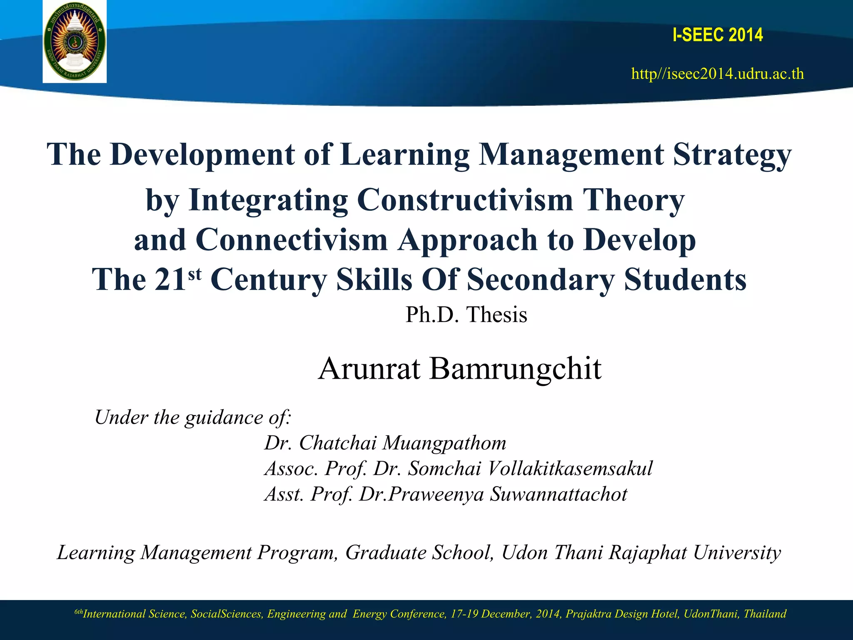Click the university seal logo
pyautogui.click(x=75, y=42)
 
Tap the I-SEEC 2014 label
pyautogui.click(x=718, y=35)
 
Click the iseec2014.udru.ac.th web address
pyautogui.click(x=718, y=74)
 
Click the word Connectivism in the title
pyautogui.click(x=292, y=240)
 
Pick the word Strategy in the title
pyautogui.click(x=732, y=155)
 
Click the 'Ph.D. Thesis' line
pyautogui.click(x=466, y=315)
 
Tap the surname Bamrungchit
pyautogui.click(x=516, y=368)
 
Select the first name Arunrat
pyautogui.click(x=369, y=368)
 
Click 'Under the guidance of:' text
pyautogui.click(x=193, y=417)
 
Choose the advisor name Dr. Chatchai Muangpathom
pyautogui.click(x=385, y=443)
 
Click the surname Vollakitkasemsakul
pyautogui.click(x=570, y=468)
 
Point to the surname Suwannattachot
pyautogui.click(x=559, y=494)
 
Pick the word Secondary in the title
pyautogui.click(x=540, y=279)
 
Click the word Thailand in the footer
pyautogui.click(x=765, y=614)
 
